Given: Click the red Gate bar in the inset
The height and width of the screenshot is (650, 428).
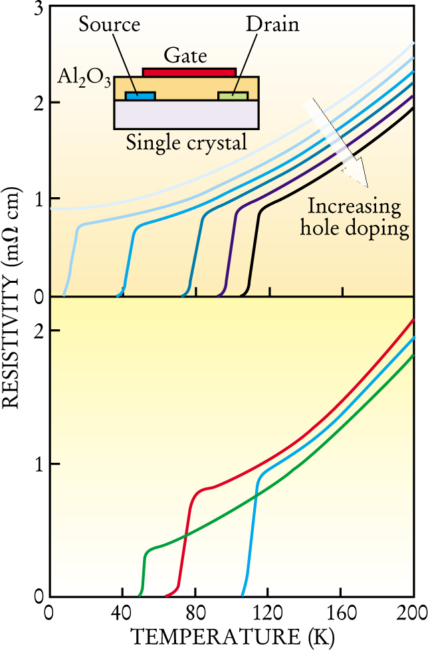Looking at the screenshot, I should click(189, 71).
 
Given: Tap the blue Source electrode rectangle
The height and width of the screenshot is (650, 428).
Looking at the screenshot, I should click(140, 96).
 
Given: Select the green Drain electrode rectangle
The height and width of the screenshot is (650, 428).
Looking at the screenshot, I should click(233, 96).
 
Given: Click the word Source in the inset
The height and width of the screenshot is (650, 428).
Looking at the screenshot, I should click(109, 26).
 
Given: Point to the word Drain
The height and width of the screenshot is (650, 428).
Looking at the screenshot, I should click(272, 26).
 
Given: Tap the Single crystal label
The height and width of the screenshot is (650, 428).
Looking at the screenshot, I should click(187, 141).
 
